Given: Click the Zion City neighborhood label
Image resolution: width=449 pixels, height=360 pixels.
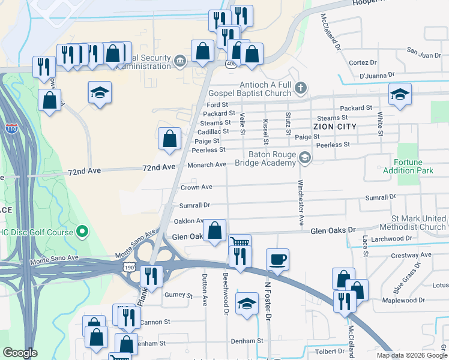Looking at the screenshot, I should click(x=335, y=127).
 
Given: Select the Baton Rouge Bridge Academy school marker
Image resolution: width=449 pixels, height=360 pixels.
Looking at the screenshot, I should click(x=305, y=157).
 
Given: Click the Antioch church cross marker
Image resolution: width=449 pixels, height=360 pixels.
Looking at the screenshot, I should click(x=301, y=89).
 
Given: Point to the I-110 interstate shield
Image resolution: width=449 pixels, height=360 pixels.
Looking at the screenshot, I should click(x=11, y=128).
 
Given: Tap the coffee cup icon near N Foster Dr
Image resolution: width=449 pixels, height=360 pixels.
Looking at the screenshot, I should click(x=277, y=260).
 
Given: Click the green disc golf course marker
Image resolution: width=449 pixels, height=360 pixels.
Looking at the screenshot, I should click(x=83, y=232).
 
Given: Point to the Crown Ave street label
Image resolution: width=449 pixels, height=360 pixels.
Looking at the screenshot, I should click(x=196, y=187).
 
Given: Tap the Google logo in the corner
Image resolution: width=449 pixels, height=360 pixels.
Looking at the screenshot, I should click(x=20, y=353).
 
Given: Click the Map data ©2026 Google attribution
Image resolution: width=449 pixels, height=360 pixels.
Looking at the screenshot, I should click(x=412, y=355).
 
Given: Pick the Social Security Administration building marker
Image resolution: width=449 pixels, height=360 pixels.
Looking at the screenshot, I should click(x=179, y=61).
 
